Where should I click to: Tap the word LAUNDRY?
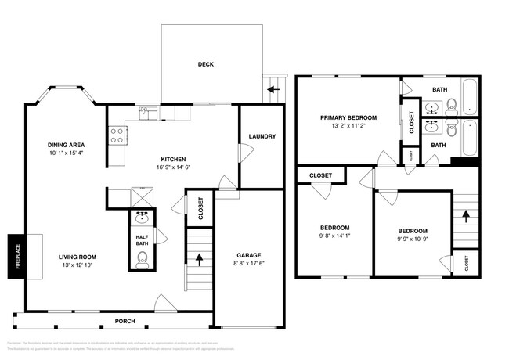(262, 136)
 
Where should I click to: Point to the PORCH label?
(125, 321)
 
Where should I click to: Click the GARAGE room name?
(249, 255)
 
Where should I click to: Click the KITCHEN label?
(172, 157)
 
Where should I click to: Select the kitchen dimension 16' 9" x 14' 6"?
(172, 167)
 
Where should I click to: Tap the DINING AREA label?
(66, 145)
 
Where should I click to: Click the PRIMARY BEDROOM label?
(348, 117)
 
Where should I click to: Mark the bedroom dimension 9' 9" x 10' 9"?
(412, 240)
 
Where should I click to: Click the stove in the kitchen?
(118, 136)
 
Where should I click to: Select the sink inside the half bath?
(142, 218)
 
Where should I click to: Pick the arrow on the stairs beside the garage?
(200, 257)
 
